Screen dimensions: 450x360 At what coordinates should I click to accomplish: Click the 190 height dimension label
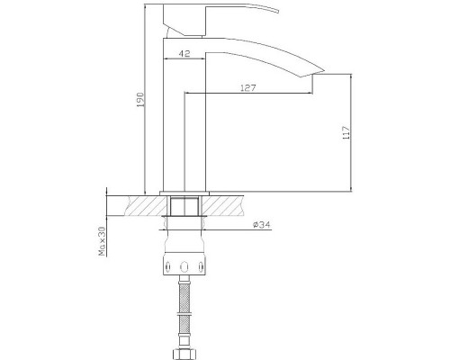pos(141,100)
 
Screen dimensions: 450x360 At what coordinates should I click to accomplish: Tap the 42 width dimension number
pos(184,54)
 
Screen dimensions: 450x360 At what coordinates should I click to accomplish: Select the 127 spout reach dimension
pos(248,88)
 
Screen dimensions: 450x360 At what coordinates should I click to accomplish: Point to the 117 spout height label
pos(346,132)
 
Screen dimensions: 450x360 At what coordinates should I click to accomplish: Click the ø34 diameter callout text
pos(262,224)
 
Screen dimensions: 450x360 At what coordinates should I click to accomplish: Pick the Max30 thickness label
pos(103,241)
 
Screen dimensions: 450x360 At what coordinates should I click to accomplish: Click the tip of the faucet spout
pos(324,71)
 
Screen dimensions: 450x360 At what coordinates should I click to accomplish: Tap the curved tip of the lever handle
pos(278,12)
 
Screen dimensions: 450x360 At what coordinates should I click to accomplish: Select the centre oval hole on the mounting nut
pos(184,266)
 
